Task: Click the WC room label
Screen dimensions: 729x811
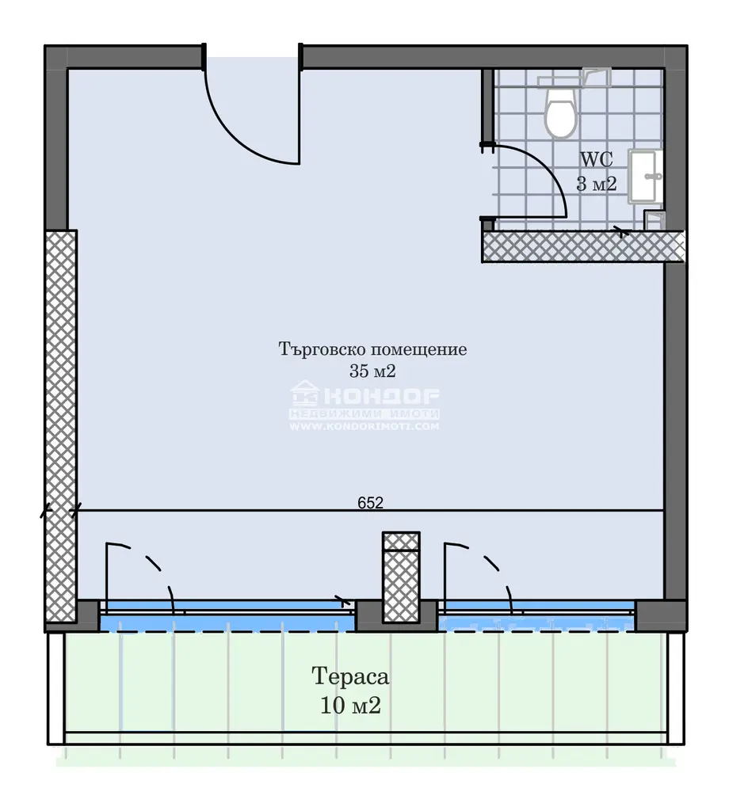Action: [597, 159]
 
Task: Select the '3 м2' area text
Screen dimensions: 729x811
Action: [597, 184]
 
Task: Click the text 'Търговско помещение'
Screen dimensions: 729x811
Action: [372, 349]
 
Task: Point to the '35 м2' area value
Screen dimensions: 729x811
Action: [372, 371]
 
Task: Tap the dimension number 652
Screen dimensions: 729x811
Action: [371, 503]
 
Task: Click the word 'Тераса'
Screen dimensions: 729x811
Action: [350, 676]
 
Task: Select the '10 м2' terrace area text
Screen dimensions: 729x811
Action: [350, 705]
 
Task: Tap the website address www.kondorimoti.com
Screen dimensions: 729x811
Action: [364, 427]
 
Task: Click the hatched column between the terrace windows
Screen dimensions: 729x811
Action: [401, 577]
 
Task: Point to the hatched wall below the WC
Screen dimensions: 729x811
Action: [583, 246]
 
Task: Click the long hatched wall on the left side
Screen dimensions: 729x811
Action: [61, 425]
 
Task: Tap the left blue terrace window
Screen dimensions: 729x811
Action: [227, 616]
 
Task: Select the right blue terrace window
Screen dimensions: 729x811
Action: [536, 616]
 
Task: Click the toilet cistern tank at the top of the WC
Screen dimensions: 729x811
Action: [574, 78]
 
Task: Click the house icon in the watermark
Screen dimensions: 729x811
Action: [304, 393]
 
